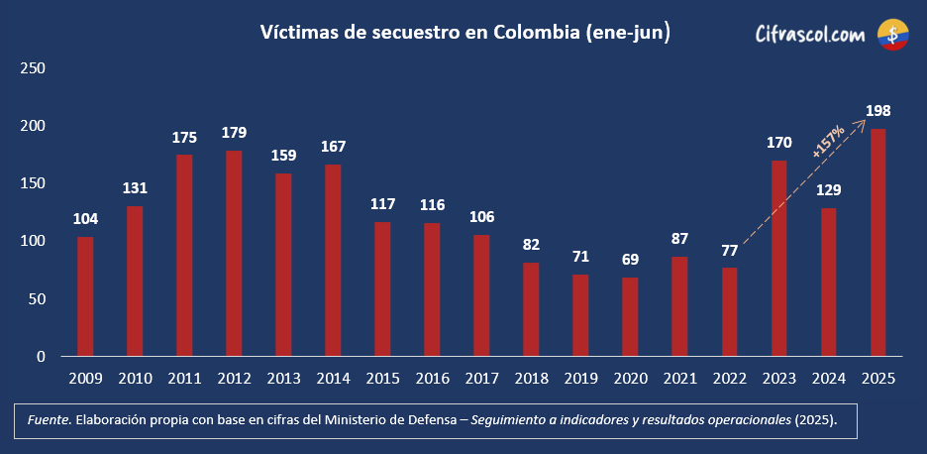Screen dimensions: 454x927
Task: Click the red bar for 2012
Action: pos(234,253)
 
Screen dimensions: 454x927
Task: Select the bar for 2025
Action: pos(877,242)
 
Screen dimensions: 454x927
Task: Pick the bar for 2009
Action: pos(85,295)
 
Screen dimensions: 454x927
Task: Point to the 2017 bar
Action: pos(481,294)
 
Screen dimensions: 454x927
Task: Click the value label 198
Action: pos(877,110)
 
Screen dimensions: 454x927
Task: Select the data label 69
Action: pos(630,259)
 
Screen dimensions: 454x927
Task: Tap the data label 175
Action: pos(184,136)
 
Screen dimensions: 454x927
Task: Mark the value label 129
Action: pos(828,189)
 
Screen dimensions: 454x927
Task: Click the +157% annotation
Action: pos(827,142)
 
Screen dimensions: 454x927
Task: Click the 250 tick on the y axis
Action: pos(34,68)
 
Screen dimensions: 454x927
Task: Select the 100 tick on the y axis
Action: pos(34,241)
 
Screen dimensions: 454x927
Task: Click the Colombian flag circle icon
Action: pos(893,35)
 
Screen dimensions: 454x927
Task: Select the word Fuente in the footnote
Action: pos(48,420)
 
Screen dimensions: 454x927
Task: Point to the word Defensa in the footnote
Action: pos(431,420)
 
